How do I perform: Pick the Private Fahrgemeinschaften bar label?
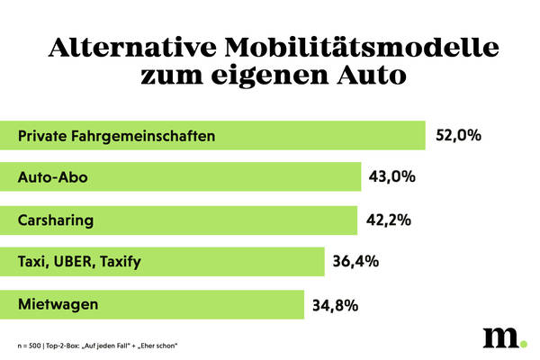click(117, 136)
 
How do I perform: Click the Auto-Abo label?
click(53, 177)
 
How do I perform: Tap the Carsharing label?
click(56, 220)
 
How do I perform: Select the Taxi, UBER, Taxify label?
click(80, 262)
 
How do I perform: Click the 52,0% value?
click(460, 136)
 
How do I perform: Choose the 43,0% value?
click(392, 177)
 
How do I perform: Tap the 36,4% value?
click(355, 262)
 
